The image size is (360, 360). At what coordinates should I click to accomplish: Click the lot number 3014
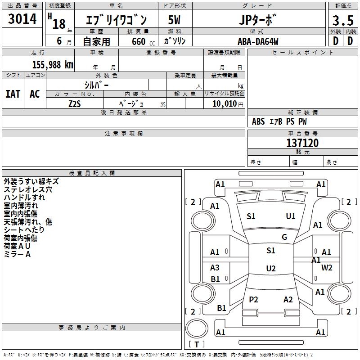click(x=22, y=19)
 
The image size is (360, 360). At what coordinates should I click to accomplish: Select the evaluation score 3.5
click(x=342, y=20)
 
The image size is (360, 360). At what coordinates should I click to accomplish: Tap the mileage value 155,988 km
click(x=53, y=64)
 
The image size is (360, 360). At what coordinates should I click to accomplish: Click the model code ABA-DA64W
click(x=258, y=41)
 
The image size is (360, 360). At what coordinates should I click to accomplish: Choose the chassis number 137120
click(x=302, y=143)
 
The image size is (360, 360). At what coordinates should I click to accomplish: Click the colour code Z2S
click(x=75, y=103)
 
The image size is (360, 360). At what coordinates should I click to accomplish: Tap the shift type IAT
click(x=13, y=94)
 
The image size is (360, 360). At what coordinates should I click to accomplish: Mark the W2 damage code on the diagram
click(x=327, y=268)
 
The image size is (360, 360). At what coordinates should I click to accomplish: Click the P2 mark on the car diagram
click(x=253, y=300)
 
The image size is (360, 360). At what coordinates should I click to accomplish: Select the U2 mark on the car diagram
click(x=270, y=269)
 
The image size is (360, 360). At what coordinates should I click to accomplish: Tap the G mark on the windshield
click(x=284, y=237)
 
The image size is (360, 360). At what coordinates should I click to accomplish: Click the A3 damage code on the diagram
click(x=215, y=268)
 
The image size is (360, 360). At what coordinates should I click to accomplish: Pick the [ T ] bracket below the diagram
click(x=197, y=345)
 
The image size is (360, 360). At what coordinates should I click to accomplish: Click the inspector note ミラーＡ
click(x=17, y=254)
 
